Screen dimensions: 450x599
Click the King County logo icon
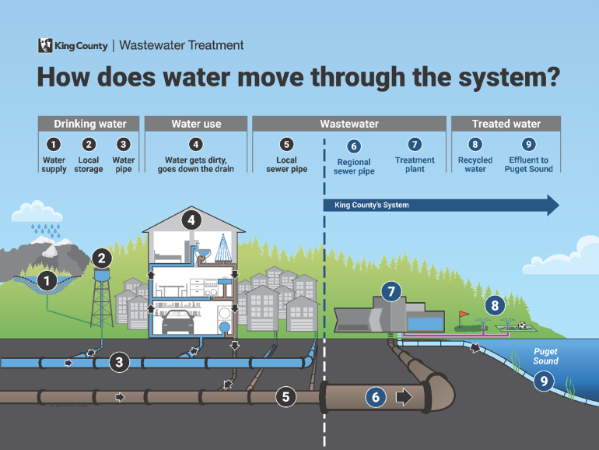point(46,45)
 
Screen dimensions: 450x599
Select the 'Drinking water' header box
point(89,124)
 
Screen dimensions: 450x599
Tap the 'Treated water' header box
point(506,124)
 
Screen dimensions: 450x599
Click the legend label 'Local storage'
point(89,164)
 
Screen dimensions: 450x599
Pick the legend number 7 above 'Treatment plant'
point(415,144)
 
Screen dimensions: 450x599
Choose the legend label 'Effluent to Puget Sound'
point(528,164)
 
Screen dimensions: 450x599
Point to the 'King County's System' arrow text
point(371,206)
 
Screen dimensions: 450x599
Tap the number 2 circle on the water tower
point(102,258)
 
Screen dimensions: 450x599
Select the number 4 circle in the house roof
point(191,220)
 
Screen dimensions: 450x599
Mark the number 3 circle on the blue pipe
point(118,361)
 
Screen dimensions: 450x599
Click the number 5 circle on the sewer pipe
point(285,396)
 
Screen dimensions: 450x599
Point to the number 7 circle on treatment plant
point(391,292)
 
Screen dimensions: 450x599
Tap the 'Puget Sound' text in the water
point(545,357)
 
